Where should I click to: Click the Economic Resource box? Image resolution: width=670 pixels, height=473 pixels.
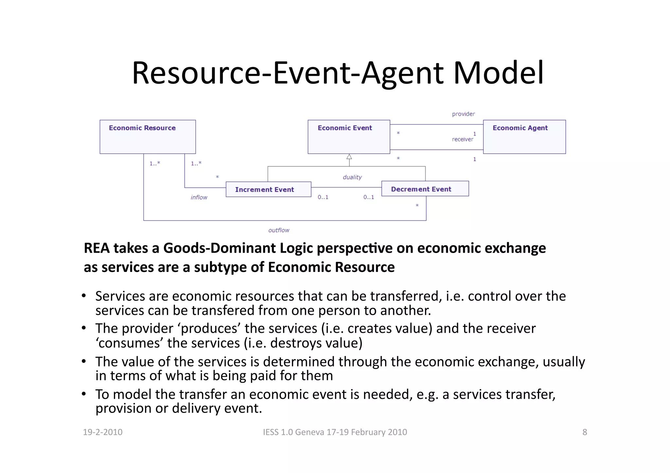click(148, 137)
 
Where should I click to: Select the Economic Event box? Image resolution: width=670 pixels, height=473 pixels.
click(349, 137)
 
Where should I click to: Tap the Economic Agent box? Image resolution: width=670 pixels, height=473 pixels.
click(524, 137)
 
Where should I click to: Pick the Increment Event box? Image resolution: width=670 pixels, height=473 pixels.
click(268, 189)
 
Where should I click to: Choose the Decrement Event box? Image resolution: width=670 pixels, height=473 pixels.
click(425, 189)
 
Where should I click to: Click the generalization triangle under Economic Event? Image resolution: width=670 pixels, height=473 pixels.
click(349, 157)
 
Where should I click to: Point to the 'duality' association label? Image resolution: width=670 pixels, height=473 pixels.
click(352, 177)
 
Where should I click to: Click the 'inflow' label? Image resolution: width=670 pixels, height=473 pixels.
click(199, 197)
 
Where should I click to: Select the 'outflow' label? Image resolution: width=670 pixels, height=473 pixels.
click(279, 230)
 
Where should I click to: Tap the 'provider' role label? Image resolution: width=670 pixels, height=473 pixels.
click(463, 114)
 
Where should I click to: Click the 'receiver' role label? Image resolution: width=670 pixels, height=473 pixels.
click(462, 140)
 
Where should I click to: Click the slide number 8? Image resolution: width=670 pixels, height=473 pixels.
click(585, 432)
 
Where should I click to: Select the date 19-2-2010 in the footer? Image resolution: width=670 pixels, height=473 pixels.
click(103, 432)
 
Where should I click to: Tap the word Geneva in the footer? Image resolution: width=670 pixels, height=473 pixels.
click(309, 432)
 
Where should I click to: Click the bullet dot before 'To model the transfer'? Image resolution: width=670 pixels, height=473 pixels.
click(84, 394)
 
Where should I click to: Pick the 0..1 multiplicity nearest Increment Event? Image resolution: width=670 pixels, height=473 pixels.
click(323, 197)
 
